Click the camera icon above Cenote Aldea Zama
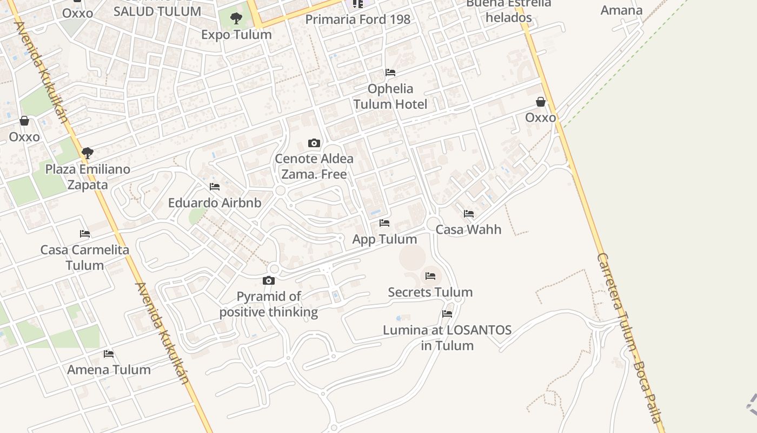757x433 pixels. pyautogui.click(x=314, y=143)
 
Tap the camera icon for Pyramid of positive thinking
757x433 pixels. pyautogui.click(x=268, y=280)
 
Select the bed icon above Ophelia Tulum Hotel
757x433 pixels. pyautogui.click(x=390, y=73)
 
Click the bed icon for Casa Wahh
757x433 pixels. pyautogui.click(x=468, y=214)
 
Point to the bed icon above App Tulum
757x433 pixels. pyautogui.click(x=384, y=223)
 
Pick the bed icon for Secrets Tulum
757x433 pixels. pyautogui.click(x=430, y=276)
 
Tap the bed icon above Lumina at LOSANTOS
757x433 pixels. pyautogui.click(x=447, y=313)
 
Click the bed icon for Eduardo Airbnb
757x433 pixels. pyautogui.click(x=214, y=187)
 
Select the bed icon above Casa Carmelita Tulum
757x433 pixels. pyautogui.click(x=84, y=234)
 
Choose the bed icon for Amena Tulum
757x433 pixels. pyautogui.click(x=109, y=354)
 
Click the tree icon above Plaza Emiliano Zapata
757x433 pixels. pyautogui.click(x=87, y=153)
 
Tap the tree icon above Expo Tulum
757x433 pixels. pyautogui.click(x=236, y=18)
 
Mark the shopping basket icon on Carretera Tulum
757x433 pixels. pyautogui.click(x=540, y=102)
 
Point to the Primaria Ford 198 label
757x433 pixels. pyautogui.click(x=357, y=19)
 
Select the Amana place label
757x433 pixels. pyautogui.click(x=621, y=10)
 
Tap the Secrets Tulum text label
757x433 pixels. pyautogui.click(x=430, y=292)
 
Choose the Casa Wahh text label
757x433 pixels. pyautogui.click(x=468, y=229)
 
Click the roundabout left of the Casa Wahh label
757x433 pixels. pyautogui.click(x=433, y=224)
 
